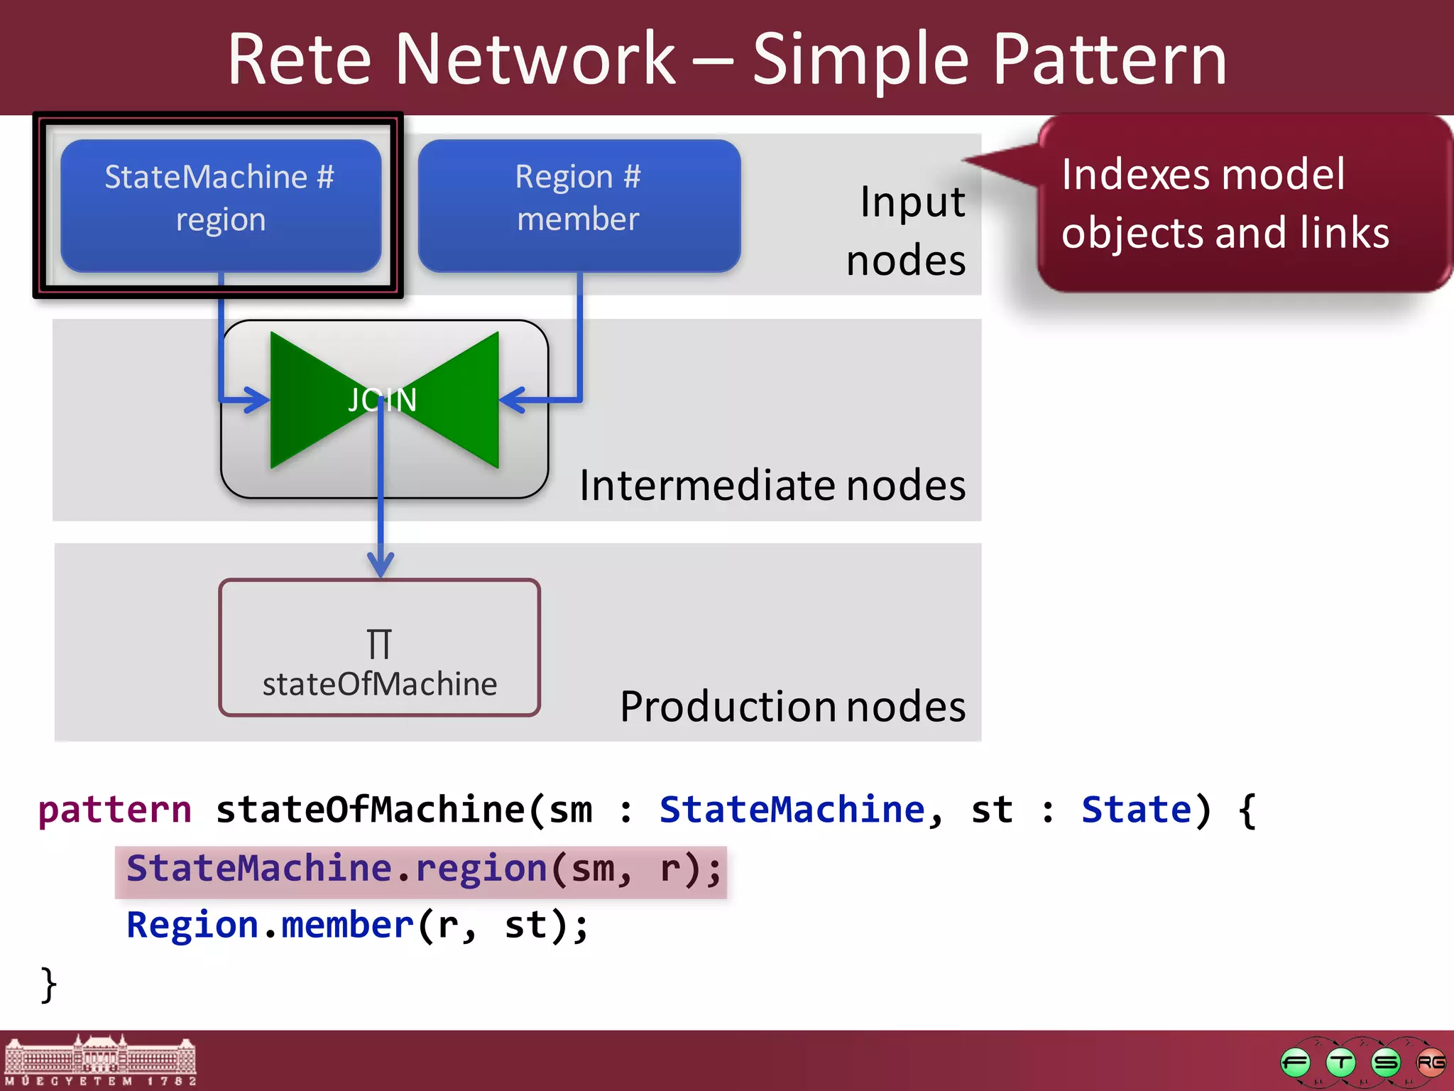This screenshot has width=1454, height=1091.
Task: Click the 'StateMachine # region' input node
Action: click(220, 205)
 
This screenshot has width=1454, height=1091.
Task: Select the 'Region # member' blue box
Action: click(579, 205)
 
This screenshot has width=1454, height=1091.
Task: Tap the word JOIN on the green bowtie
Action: click(383, 400)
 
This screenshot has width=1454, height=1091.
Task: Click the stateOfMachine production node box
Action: click(379, 648)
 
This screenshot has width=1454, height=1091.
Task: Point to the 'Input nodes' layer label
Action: click(907, 230)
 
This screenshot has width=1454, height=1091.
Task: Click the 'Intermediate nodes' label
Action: click(772, 486)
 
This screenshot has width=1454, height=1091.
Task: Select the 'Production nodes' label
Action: click(792, 707)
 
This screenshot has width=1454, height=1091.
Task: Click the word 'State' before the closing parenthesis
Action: click(1136, 810)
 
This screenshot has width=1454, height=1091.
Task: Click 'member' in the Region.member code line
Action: click(347, 926)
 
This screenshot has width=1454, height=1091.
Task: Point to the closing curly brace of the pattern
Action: click(48, 984)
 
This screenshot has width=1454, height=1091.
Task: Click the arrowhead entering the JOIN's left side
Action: click(256, 400)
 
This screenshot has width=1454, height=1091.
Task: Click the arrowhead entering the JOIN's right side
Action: click(513, 400)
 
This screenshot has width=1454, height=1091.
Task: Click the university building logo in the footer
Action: click(100, 1060)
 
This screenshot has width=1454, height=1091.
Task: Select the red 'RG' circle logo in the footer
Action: click(1430, 1063)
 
